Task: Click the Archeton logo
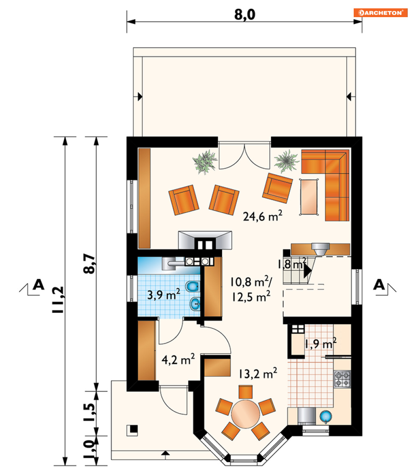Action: [380, 13]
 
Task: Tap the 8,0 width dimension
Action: [245, 14]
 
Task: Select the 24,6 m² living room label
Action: [263, 216]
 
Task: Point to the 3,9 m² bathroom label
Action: [164, 294]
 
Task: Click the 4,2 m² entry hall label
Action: [178, 359]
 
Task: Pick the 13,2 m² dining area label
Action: [258, 373]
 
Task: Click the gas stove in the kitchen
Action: [342, 379]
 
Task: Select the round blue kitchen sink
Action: [326, 417]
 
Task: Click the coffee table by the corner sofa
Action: [309, 197]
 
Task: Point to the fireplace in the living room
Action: [205, 240]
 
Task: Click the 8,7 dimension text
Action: [90, 264]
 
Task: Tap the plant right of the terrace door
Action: [286, 161]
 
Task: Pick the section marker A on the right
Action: [379, 285]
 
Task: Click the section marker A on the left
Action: [38, 285]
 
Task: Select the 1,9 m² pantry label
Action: [321, 343]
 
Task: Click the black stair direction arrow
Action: [308, 270]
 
